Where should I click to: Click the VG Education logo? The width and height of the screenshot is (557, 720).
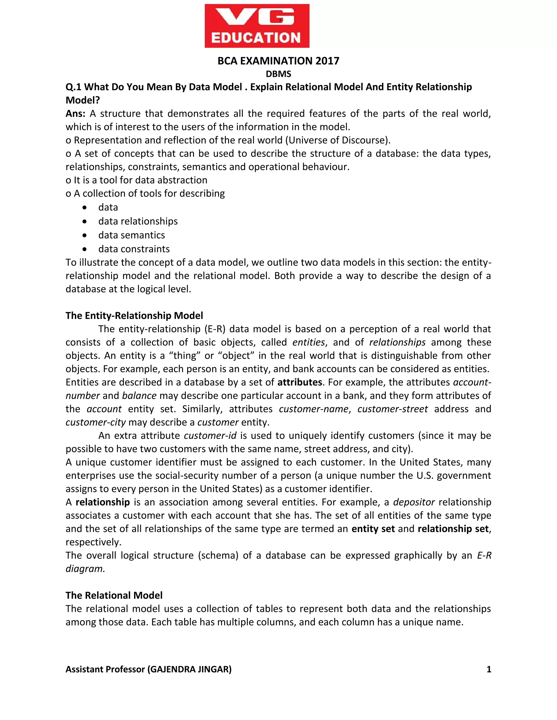point(257,26)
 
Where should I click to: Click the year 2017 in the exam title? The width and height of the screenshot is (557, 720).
point(327,61)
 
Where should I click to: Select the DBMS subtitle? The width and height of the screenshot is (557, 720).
point(278,74)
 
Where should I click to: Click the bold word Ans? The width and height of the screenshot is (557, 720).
point(75,114)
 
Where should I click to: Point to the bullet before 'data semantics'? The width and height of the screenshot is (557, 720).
point(85,235)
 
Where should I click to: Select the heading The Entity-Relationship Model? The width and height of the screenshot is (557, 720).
point(134,315)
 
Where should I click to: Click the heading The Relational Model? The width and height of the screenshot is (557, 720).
point(114,595)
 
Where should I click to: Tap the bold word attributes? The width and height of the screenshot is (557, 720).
point(300,382)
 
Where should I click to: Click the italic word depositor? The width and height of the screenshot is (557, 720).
point(414,502)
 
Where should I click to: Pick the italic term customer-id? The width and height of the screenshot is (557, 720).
point(210,436)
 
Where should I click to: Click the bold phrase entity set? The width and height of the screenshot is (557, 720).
point(373,529)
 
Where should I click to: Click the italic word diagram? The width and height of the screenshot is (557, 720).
point(85,569)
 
